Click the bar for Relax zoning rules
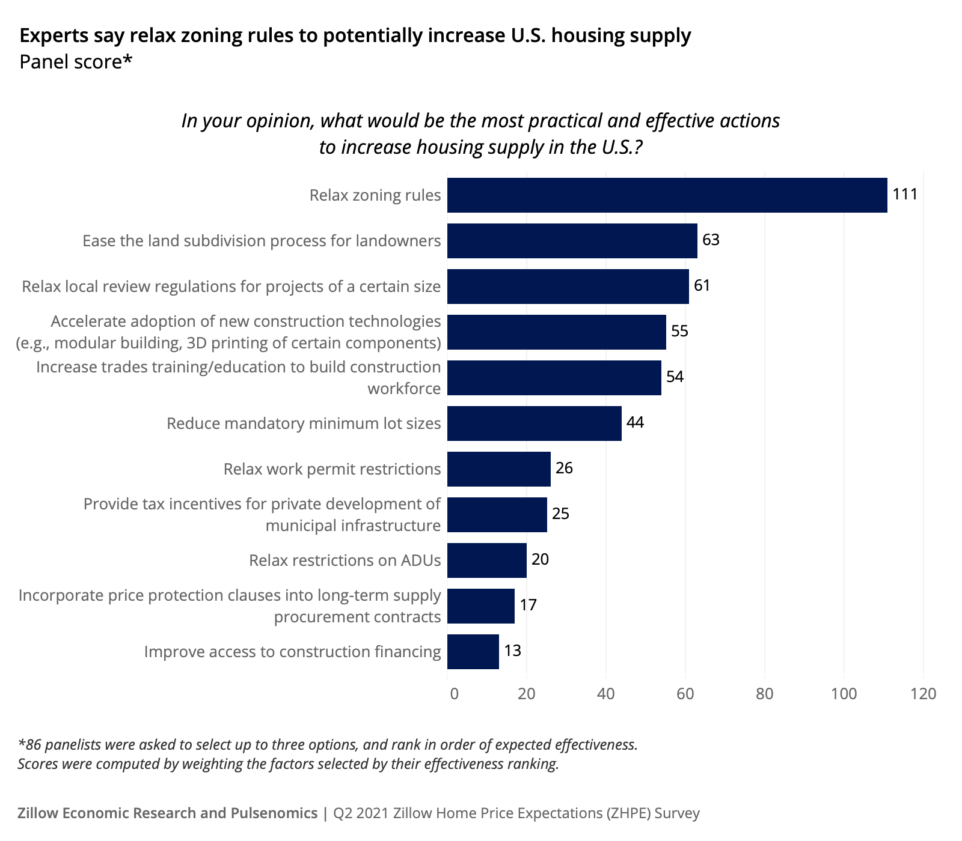point(667,195)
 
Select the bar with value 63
point(572,241)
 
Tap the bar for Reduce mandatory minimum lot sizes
point(534,424)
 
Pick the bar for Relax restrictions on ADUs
point(486,560)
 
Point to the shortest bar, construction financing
point(473,652)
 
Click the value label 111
point(905,195)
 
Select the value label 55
point(679,331)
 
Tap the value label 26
point(564,468)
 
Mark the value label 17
point(528,605)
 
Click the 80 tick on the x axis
point(764,694)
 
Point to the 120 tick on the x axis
point(924,694)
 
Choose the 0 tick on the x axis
point(454,694)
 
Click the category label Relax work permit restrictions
point(332,469)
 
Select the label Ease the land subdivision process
point(262,241)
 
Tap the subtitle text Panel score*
point(76,62)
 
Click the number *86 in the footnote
point(29,745)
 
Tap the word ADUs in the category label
point(420,560)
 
